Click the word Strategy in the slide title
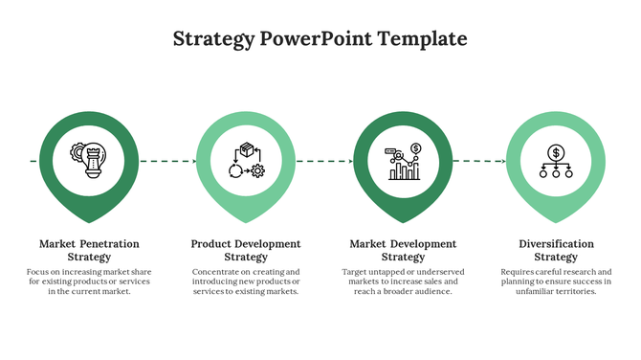213,39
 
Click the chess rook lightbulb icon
89,159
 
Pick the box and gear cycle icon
246,160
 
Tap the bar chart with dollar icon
404,161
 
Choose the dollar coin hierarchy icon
556,161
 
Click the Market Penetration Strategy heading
89,250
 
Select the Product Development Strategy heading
246,250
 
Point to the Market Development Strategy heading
403,250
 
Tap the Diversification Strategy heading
556,250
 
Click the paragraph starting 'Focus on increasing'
89,281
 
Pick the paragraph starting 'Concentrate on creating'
246,281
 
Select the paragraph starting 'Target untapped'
403,281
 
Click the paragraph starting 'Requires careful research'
556,281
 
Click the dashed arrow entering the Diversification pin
478,161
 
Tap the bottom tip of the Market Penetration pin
89,221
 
